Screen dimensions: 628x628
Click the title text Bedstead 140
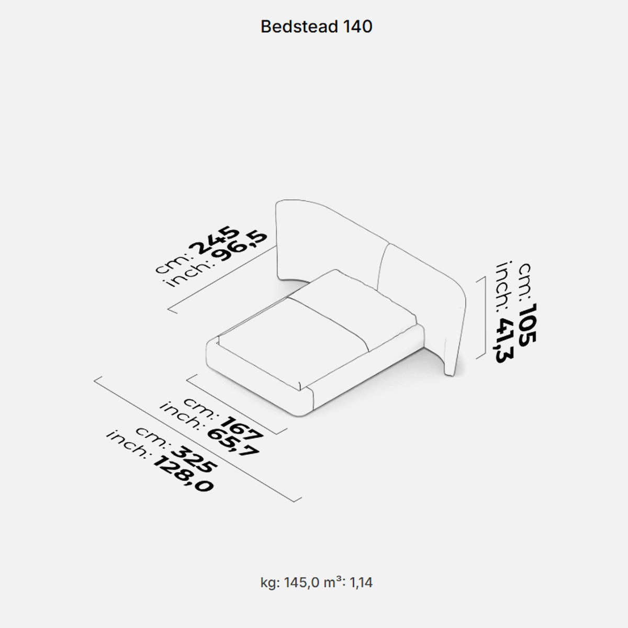click(x=316, y=27)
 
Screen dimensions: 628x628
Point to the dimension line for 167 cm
click(x=238, y=403)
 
